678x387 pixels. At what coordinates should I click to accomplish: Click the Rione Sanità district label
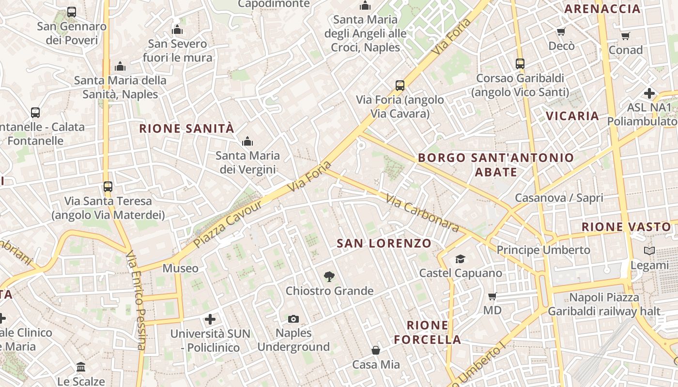pos(186,129)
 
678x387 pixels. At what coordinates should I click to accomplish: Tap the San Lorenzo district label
pos(384,243)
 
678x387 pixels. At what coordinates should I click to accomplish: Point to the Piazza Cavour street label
pos(227,224)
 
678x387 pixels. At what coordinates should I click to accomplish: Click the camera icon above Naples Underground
pos(293,319)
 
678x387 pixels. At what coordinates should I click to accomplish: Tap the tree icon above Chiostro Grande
pos(329,277)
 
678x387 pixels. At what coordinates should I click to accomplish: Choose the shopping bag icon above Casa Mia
pos(376,350)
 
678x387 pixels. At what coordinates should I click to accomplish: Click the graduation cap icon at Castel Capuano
pos(460,259)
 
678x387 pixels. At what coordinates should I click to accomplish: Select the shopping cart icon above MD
pos(493,296)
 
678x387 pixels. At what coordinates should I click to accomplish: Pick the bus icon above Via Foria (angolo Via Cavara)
pos(400,86)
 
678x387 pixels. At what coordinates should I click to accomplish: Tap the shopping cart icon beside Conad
pos(626,36)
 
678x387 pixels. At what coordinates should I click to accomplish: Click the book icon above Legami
pos(649,251)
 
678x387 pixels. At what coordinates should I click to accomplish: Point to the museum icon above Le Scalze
pos(81,367)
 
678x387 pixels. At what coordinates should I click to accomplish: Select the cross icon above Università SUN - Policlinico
pos(210,319)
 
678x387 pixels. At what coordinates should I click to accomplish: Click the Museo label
pos(180,268)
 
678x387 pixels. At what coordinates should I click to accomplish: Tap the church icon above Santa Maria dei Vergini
pos(247,142)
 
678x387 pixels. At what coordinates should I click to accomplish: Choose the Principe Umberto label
pos(543,250)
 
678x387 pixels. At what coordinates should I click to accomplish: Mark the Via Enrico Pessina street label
pos(136,300)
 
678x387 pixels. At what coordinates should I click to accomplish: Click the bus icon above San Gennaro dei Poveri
pos(72,12)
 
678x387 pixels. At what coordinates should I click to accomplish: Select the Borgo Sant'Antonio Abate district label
pos(496,164)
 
